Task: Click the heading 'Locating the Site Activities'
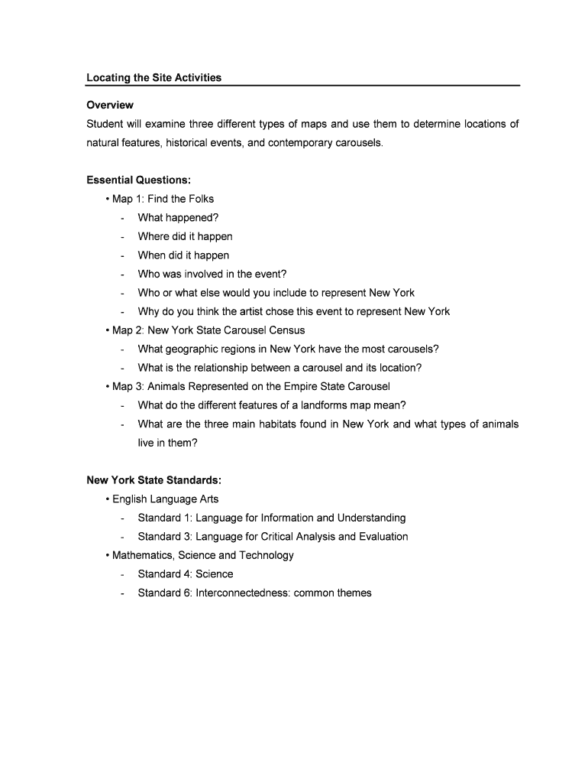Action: pyautogui.click(x=153, y=77)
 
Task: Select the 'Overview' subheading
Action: pyautogui.click(x=110, y=105)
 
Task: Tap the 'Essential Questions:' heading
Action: pyautogui.click(x=138, y=180)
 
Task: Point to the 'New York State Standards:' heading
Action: pyautogui.click(x=154, y=480)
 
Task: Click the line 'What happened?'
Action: pyautogui.click(x=178, y=218)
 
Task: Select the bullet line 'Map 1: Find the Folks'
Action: pyautogui.click(x=163, y=199)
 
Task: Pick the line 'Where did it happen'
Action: pyautogui.click(x=185, y=236)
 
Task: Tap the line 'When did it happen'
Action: pyautogui.click(x=183, y=255)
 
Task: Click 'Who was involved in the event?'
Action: pyautogui.click(x=212, y=274)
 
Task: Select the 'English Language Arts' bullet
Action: pyautogui.click(x=165, y=499)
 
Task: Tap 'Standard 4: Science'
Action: pyautogui.click(x=186, y=574)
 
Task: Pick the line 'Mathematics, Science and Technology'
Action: pyautogui.click(x=202, y=555)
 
